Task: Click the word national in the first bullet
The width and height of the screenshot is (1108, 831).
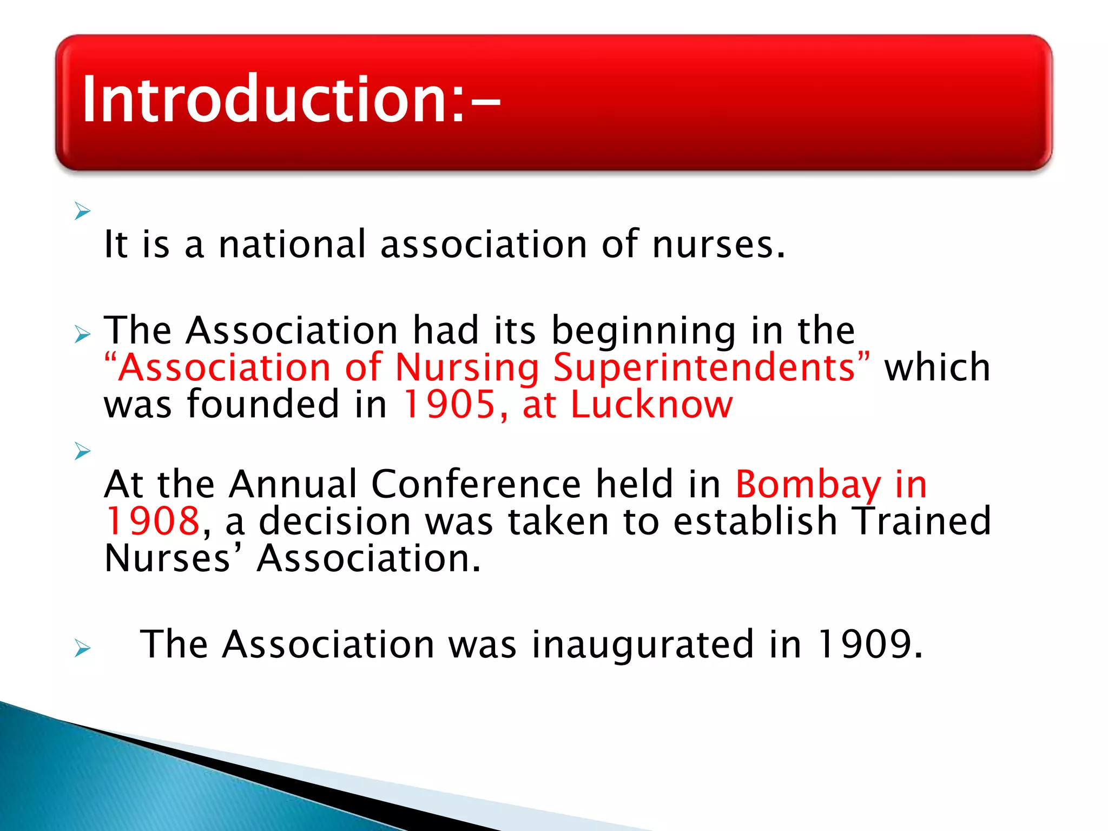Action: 292,245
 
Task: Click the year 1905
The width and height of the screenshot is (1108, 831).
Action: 449,405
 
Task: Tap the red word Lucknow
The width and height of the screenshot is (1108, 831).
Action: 652,405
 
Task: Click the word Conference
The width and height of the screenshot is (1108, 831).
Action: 476,484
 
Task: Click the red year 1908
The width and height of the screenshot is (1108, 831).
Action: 153,522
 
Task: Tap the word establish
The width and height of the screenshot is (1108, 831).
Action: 755,522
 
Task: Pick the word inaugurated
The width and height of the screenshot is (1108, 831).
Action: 642,645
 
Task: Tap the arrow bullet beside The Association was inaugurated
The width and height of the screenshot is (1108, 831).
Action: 82,648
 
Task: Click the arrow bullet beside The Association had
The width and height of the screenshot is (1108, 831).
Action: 82,335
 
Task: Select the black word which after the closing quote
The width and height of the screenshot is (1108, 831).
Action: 937,368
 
